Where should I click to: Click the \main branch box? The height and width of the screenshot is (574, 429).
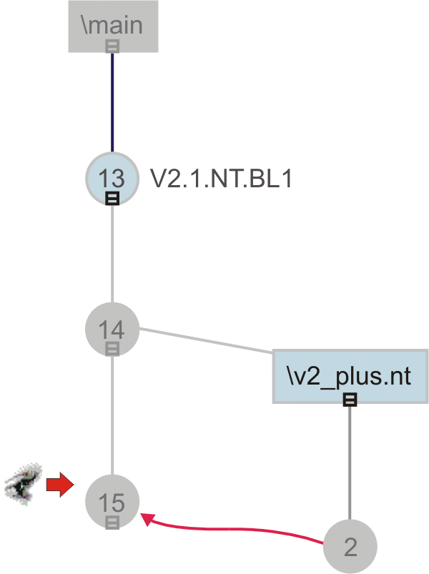(x=113, y=26)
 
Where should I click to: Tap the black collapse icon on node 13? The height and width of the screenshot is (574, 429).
(x=112, y=198)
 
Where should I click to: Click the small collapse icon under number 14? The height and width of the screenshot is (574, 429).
(x=112, y=348)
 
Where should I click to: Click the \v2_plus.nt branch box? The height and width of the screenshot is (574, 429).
(x=350, y=375)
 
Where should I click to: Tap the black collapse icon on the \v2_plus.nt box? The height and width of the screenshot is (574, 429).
(x=350, y=400)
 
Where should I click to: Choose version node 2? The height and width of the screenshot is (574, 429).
(x=350, y=547)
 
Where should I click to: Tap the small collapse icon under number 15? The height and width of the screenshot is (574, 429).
(x=112, y=523)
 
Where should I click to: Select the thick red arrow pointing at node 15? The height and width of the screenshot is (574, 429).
(x=60, y=486)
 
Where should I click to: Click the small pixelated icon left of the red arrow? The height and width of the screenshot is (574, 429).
(x=24, y=485)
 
